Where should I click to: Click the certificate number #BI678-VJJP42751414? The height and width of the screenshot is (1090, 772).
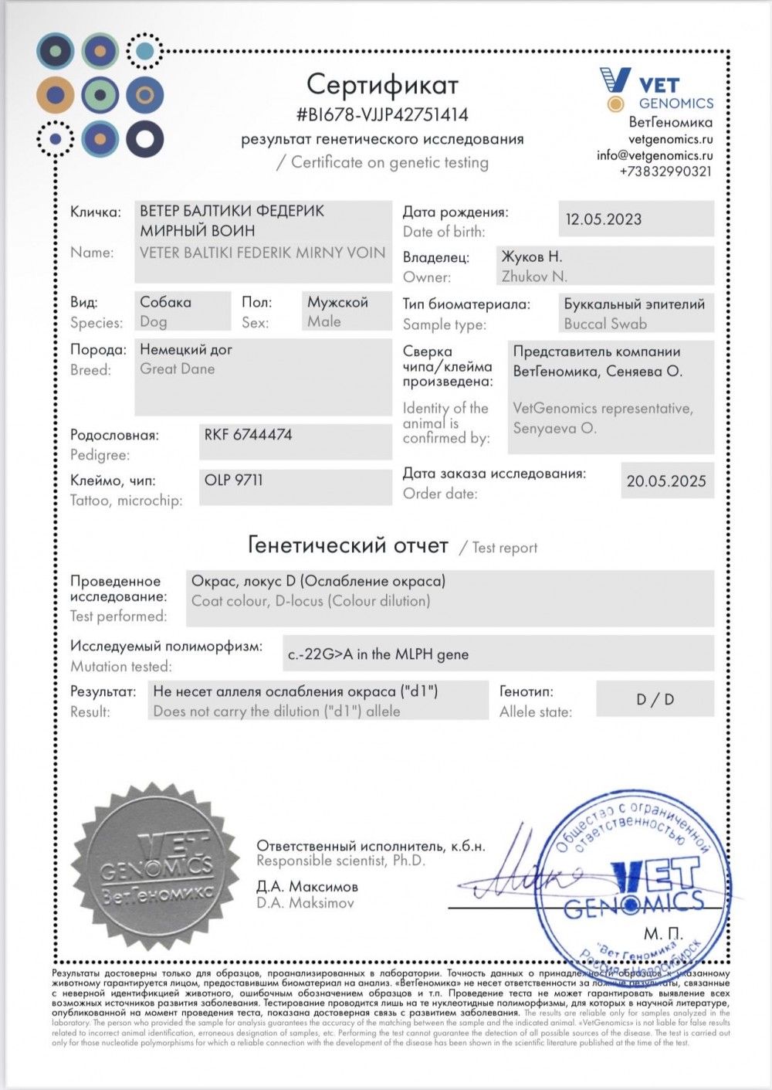point(382,115)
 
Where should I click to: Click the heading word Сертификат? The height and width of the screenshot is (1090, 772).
point(382,83)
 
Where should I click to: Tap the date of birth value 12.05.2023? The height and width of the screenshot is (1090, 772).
point(603,219)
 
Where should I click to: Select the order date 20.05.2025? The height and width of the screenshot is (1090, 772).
point(666,480)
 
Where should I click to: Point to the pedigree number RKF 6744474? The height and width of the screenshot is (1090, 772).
point(248,435)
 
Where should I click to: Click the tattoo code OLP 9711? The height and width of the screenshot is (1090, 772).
point(233,480)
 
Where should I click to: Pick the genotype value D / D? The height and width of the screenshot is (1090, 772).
point(655,699)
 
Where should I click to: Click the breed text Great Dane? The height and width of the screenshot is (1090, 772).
point(177,369)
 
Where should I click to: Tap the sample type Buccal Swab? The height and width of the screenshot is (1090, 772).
point(605,324)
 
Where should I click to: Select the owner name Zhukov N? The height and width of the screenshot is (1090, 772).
point(534,276)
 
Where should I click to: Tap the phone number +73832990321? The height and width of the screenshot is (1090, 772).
point(665,171)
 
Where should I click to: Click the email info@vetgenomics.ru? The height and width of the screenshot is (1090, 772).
point(654,155)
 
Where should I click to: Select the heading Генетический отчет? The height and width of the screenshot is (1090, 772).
point(347,545)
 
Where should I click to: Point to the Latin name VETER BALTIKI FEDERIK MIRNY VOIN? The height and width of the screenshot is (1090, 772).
point(262,252)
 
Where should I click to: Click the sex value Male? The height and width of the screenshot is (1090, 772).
point(323,321)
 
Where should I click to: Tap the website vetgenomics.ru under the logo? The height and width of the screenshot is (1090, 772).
point(670,139)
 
